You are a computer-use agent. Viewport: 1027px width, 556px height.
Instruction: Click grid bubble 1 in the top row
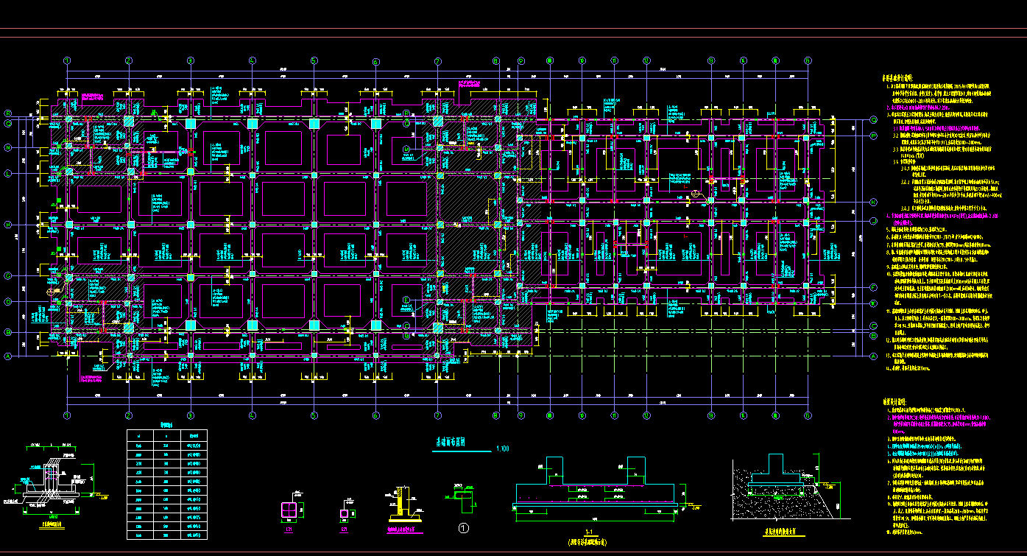[x=67, y=60]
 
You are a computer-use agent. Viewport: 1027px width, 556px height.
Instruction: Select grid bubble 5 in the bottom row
[x=314, y=415]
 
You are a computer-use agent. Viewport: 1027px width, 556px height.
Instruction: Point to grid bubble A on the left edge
[x=9, y=356]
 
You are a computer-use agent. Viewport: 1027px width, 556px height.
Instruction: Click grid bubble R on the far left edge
[x=9, y=113]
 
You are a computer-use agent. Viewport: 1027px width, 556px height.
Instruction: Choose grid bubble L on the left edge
[x=9, y=174]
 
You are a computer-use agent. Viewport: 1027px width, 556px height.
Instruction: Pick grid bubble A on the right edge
[x=874, y=356]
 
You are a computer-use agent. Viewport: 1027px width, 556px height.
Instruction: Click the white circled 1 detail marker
[x=464, y=528]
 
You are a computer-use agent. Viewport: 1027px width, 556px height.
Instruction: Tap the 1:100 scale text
[x=504, y=448]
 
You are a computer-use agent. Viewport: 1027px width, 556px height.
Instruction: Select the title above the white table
[x=167, y=425]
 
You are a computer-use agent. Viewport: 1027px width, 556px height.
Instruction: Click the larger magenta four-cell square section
[x=290, y=510]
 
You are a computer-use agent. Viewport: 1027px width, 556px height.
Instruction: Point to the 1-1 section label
[x=588, y=532]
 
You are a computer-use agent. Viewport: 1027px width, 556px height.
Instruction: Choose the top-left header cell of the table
[x=140, y=436]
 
